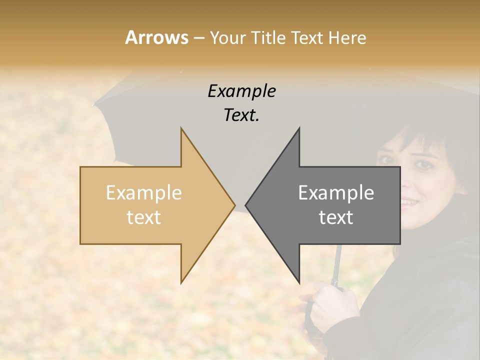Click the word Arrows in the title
pyautogui.click(x=156, y=37)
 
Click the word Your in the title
pyautogui.click(x=227, y=37)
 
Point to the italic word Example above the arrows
pyautogui.click(x=242, y=91)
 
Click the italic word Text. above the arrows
pyautogui.click(x=242, y=115)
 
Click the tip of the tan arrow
pyautogui.click(x=234, y=205)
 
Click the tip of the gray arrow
pyautogui.click(x=246, y=205)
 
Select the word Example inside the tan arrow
pyautogui.click(x=144, y=192)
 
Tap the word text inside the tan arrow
pyautogui.click(x=144, y=217)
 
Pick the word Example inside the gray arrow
pyautogui.click(x=336, y=192)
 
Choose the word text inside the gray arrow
pyautogui.click(x=336, y=217)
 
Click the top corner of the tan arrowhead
pyautogui.click(x=181, y=129)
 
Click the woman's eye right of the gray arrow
pyautogui.click(x=422, y=165)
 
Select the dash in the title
pyautogui.click(x=198, y=37)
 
